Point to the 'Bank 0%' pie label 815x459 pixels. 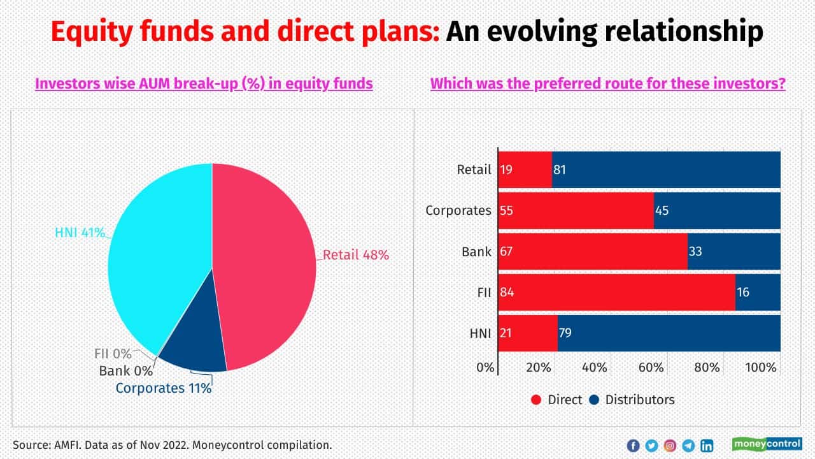125,370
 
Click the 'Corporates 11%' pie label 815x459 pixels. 163,388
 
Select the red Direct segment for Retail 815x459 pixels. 525,170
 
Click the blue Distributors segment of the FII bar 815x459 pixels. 758,293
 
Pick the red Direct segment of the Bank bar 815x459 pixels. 592,251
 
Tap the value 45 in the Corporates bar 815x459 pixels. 662,210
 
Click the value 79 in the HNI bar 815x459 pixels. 565,333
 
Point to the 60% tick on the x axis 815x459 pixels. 651,368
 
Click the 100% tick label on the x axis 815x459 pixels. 761,368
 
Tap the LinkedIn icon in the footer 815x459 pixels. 707,446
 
